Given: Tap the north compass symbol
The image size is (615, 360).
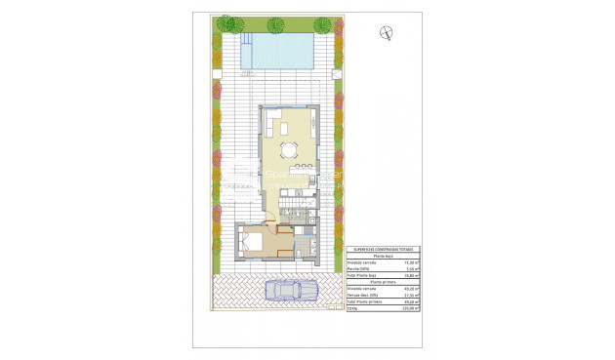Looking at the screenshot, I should tap(388, 33).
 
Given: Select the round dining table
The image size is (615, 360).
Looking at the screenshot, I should tap(288, 149).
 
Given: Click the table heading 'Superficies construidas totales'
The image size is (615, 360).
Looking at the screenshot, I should tap(382, 250).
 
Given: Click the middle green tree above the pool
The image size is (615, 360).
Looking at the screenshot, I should tap(275, 24).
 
